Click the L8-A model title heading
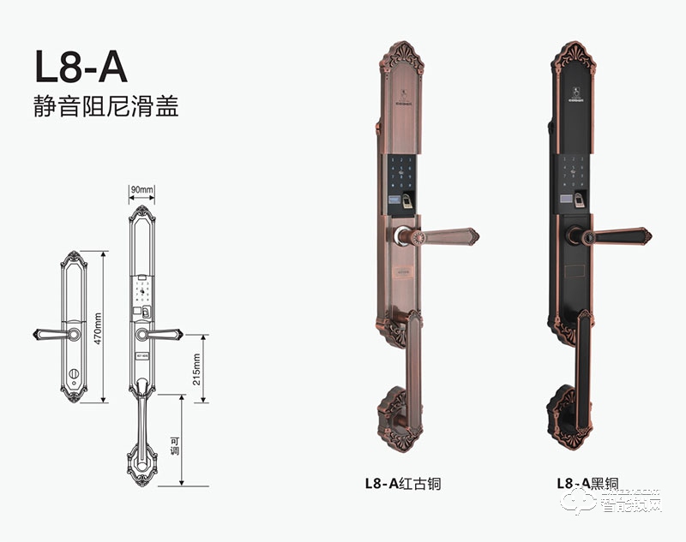(81, 67)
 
